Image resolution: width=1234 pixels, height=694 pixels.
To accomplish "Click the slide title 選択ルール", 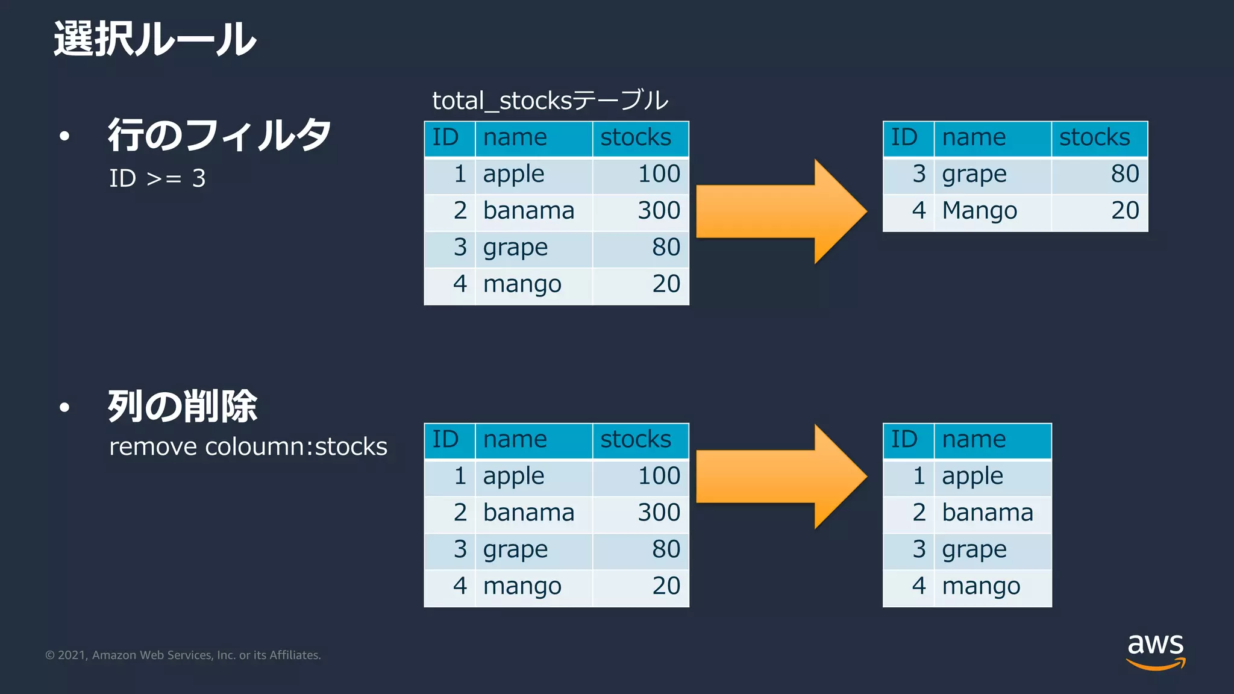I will tap(155, 40).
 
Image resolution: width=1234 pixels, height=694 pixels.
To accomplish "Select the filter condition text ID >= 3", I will tap(157, 178).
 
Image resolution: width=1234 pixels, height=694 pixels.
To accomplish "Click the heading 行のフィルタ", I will tap(219, 135).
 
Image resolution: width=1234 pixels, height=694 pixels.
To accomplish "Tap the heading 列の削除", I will tap(183, 407).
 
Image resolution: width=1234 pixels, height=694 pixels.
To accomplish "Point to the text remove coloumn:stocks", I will tap(248, 447).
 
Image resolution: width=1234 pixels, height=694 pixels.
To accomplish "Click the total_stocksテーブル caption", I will tap(550, 101).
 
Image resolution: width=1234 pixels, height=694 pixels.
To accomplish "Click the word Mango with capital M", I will tap(979, 211).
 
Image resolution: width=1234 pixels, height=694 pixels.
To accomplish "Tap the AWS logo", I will tap(1155, 651).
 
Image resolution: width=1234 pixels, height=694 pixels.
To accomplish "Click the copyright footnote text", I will tap(183, 655).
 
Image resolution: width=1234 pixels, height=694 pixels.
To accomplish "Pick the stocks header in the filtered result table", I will tap(1094, 138).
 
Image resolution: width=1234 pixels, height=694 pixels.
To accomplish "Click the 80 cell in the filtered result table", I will tap(1124, 174).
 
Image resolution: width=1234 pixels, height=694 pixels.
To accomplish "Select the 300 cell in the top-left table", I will tap(659, 211).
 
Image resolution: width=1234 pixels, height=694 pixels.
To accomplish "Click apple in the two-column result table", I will tap(972, 477).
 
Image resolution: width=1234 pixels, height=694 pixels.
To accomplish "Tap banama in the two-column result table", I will tap(987, 513).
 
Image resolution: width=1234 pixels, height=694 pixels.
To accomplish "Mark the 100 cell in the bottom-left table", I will tap(659, 476).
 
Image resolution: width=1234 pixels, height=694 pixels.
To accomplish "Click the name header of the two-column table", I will tap(974, 439).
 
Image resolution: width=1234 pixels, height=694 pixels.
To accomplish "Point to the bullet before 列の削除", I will tap(64, 408).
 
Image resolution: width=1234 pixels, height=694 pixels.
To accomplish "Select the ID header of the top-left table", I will tap(446, 138).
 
